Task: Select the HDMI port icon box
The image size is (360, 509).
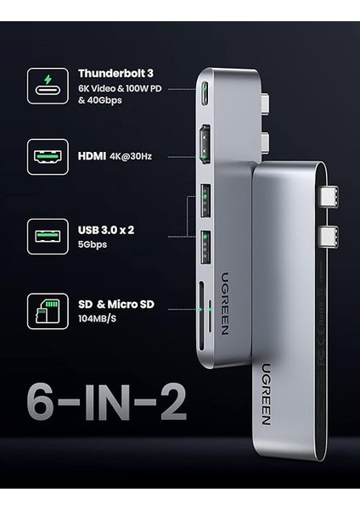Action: coord(48,156)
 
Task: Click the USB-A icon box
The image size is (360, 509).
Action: coord(48,237)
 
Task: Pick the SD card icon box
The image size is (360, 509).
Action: coord(48,311)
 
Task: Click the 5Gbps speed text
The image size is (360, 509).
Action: coord(93,244)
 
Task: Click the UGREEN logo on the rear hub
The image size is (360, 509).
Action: coord(266,394)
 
